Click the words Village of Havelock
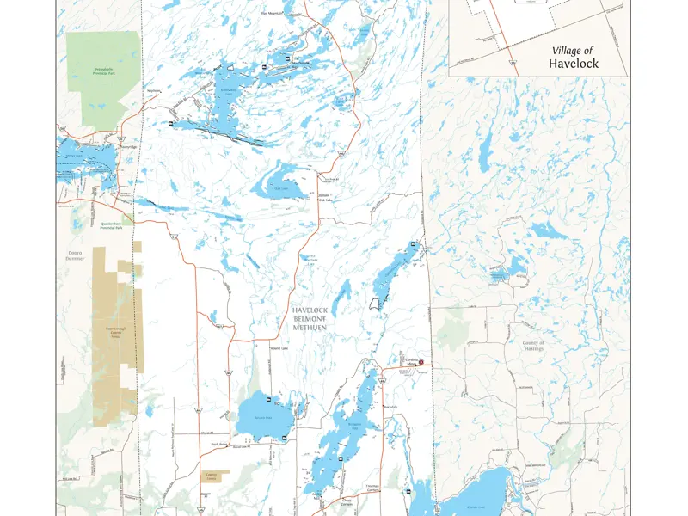[574, 58]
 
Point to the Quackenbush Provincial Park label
[111, 226]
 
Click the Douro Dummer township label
[77, 256]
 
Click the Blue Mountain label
[274, 15]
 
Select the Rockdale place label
[393, 405]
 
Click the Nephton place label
[154, 91]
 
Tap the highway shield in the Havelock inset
[513, 63]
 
